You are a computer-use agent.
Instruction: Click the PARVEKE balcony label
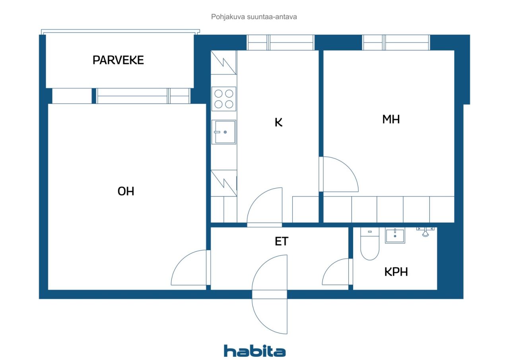[x=118, y=60]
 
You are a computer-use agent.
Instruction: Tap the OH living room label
[x=126, y=191]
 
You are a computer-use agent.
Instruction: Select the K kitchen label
[x=279, y=122]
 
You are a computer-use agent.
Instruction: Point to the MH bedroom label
[x=391, y=119]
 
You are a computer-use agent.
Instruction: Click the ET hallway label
[x=282, y=241]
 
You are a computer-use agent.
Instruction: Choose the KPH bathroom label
[x=396, y=272]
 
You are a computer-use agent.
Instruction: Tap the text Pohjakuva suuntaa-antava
[x=254, y=17]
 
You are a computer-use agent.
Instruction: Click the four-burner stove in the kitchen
[x=224, y=99]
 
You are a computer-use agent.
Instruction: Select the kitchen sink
[x=224, y=132]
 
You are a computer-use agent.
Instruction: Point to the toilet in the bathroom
[x=370, y=243]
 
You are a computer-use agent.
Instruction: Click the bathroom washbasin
[x=395, y=235]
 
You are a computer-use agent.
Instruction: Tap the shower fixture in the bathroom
[x=425, y=232]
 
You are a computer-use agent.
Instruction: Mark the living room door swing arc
[x=181, y=261]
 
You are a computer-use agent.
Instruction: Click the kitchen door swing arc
[x=257, y=198]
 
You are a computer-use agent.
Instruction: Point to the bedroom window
[x=396, y=43]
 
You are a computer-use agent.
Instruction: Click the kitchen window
[x=280, y=43]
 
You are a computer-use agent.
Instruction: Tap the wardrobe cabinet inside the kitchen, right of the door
[x=305, y=209]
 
